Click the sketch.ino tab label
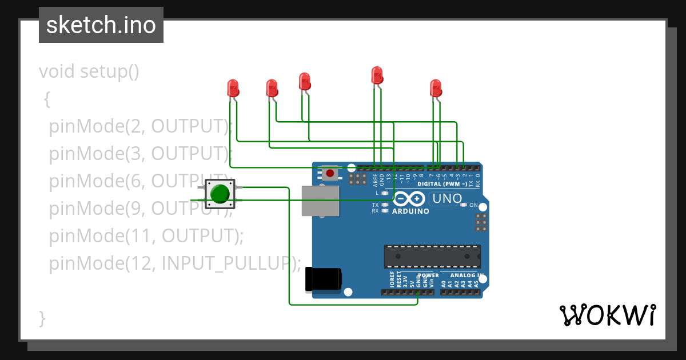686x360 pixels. tap(101, 25)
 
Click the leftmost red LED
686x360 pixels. tap(233, 88)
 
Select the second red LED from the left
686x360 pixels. tap(272, 88)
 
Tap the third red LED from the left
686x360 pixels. tap(305, 81)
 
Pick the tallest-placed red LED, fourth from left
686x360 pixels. tap(377, 75)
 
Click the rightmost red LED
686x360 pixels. tap(436, 88)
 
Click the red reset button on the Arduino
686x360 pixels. tap(330, 173)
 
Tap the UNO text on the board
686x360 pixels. tap(447, 199)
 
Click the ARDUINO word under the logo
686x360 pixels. tap(410, 211)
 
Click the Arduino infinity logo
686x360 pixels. tap(409, 199)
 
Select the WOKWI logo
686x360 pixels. tap(607, 315)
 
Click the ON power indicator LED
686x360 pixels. tap(464, 205)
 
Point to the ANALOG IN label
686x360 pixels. tap(467, 275)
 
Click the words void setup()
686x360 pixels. tap(89, 72)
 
